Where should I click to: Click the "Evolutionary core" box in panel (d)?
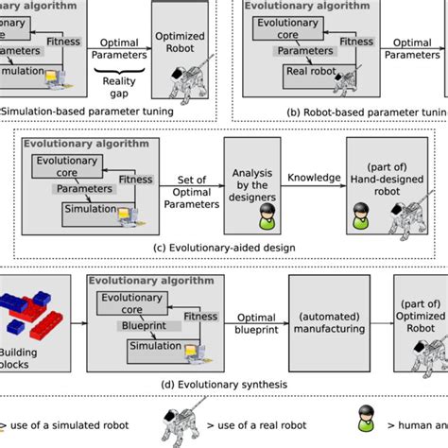(x=131, y=302)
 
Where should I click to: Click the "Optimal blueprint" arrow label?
(x=255, y=325)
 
